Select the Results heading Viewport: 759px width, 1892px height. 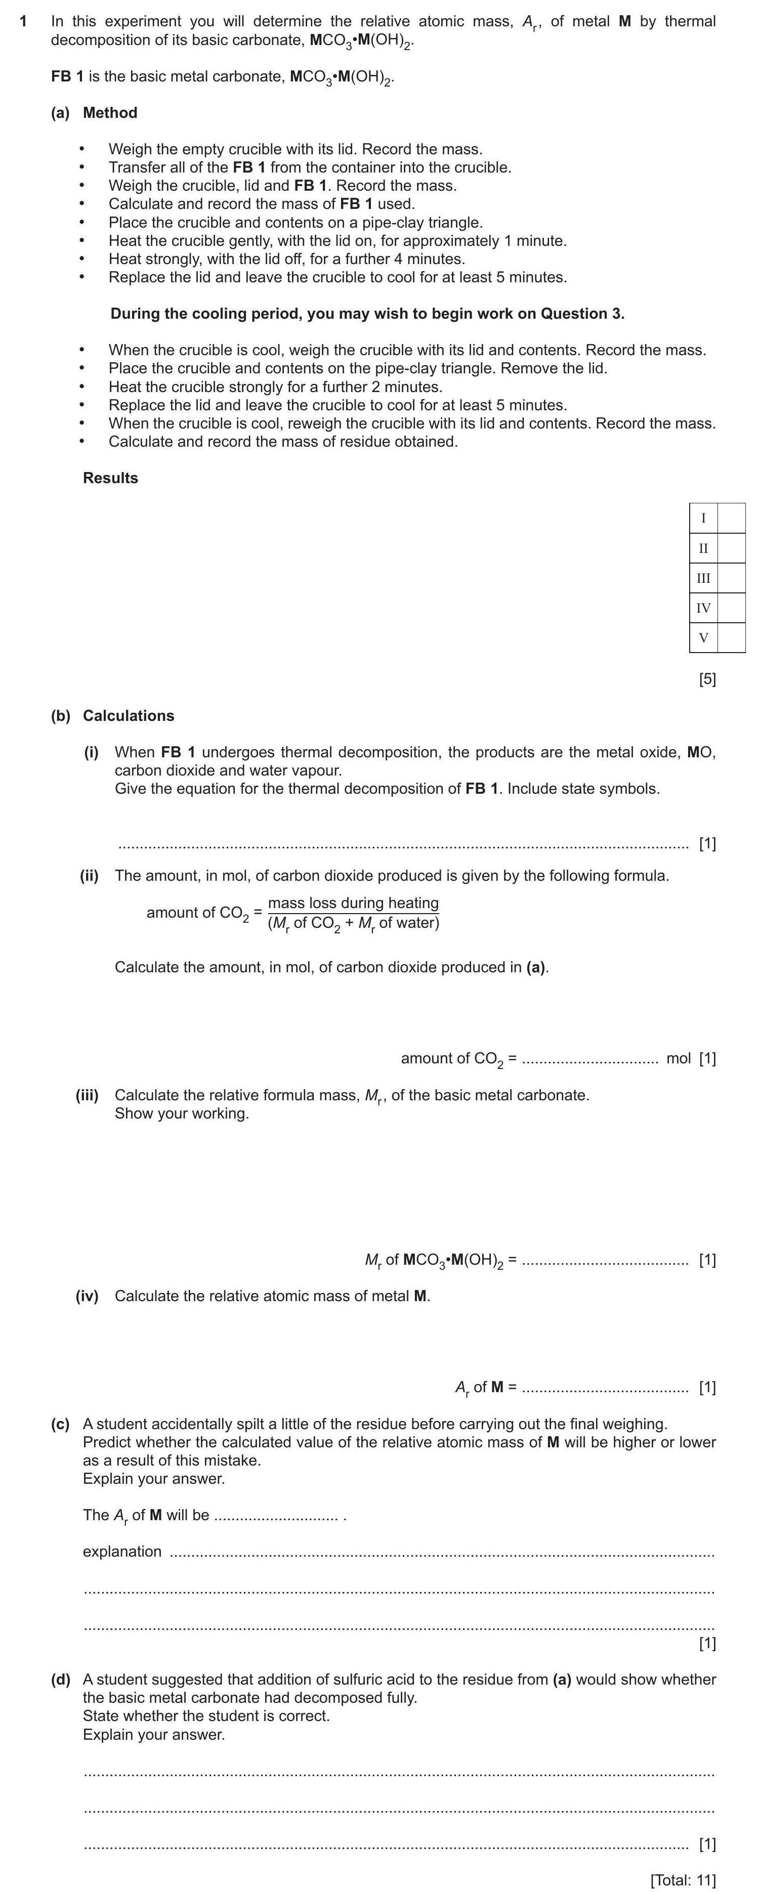coord(110,478)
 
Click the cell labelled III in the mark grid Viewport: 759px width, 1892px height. coord(703,578)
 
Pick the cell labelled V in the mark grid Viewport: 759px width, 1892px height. coord(703,637)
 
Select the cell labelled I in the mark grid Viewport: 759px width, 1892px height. coord(703,519)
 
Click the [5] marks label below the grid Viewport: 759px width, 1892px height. coord(707,679)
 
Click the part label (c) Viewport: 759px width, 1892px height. coord(60,1424)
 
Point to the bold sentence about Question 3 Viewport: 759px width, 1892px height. coord(367,314)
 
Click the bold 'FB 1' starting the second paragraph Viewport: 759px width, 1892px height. coord(67,76)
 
